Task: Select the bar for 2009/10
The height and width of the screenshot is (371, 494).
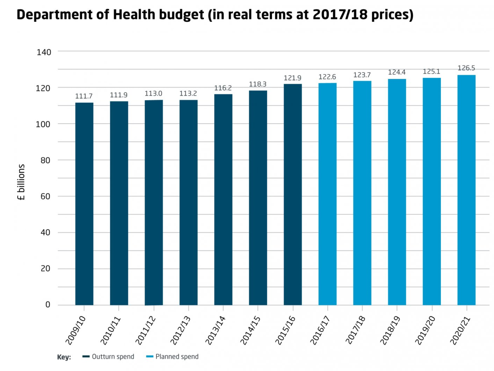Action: click(84, 203)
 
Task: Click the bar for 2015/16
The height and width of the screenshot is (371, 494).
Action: click(293, 194)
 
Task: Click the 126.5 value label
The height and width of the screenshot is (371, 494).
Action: click(466, 68)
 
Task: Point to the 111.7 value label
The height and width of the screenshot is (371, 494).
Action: click(84, 96)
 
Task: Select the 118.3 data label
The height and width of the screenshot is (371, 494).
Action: click(257, 84)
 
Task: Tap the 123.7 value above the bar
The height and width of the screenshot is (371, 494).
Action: click(362, 75)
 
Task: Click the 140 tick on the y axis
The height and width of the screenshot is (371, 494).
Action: click(44, 52)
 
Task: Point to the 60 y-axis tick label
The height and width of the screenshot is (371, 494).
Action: click(45, 197)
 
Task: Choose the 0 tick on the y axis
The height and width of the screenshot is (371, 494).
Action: click(48, 305)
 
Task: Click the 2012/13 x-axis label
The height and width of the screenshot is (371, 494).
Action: click(180, 330)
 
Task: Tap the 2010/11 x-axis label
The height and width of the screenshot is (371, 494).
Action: click(110, 330)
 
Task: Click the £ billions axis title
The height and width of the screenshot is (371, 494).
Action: click(21, 182)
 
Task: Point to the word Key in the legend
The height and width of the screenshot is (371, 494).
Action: click(64, 357)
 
